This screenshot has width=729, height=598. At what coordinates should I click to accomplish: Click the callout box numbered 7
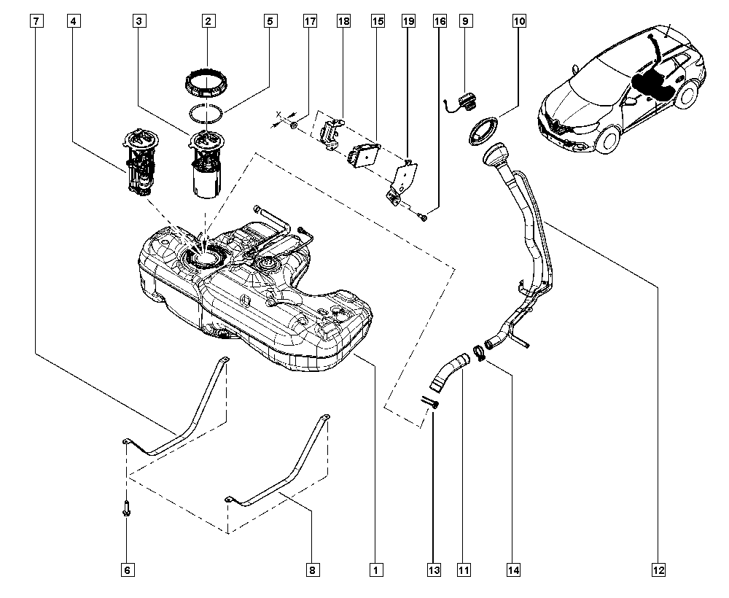pyautogui.click(x=36, y=22)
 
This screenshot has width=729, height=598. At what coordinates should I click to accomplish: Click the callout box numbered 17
pyautogui.click(x=311, y=22)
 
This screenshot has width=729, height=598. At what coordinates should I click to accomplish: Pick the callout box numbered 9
pyautogui.click(x=464, y=22)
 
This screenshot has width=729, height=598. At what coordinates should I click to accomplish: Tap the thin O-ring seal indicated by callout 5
pyautogui.click(x=207, y=114)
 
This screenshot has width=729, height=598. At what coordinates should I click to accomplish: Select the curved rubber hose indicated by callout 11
pyautogui.click(x=447, y=370)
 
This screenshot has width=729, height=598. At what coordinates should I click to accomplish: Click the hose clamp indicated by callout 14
pyautogui.click(x=480, y=354)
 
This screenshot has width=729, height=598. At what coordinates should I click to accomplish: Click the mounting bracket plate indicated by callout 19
pyautogui.click(x=402, y=181)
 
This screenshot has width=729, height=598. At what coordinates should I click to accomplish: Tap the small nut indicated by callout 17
pyautogui.click(x=293, y=126)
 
